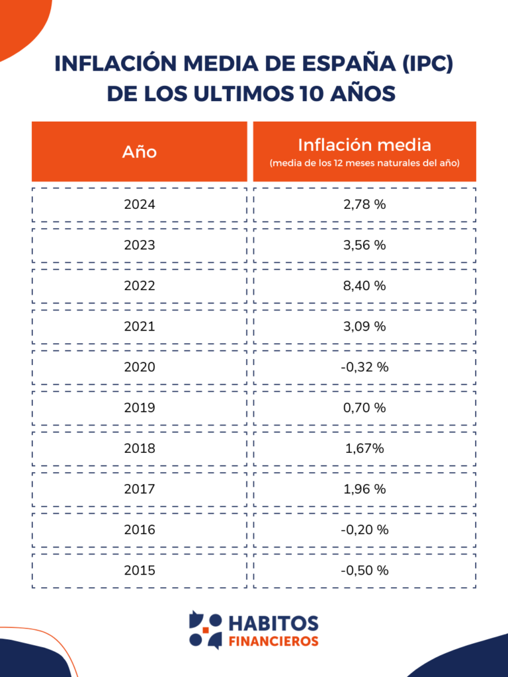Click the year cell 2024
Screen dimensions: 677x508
tap(140, 204)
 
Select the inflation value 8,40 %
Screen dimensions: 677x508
tap(364, 286)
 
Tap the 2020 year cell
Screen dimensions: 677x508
tap(140, 367)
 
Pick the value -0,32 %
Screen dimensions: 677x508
tap(364, 367)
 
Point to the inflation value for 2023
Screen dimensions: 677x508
tap(364, 245)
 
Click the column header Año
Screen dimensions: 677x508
tap(140, 151)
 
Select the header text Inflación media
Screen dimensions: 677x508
tap(364, 145)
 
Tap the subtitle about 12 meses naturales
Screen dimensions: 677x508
tap(364, 163)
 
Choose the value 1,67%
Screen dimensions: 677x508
tap(364, 448)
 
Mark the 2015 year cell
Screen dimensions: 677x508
tap(140, 570)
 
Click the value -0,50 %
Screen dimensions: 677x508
tap(364, 570)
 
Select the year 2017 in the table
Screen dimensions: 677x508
tap(140, 489)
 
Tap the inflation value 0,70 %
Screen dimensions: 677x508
tap(364, 408)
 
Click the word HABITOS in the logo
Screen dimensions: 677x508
tap(273, 623)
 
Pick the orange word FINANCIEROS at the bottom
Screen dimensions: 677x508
tap(273, 641)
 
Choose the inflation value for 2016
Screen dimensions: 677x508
tap(364, 530)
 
